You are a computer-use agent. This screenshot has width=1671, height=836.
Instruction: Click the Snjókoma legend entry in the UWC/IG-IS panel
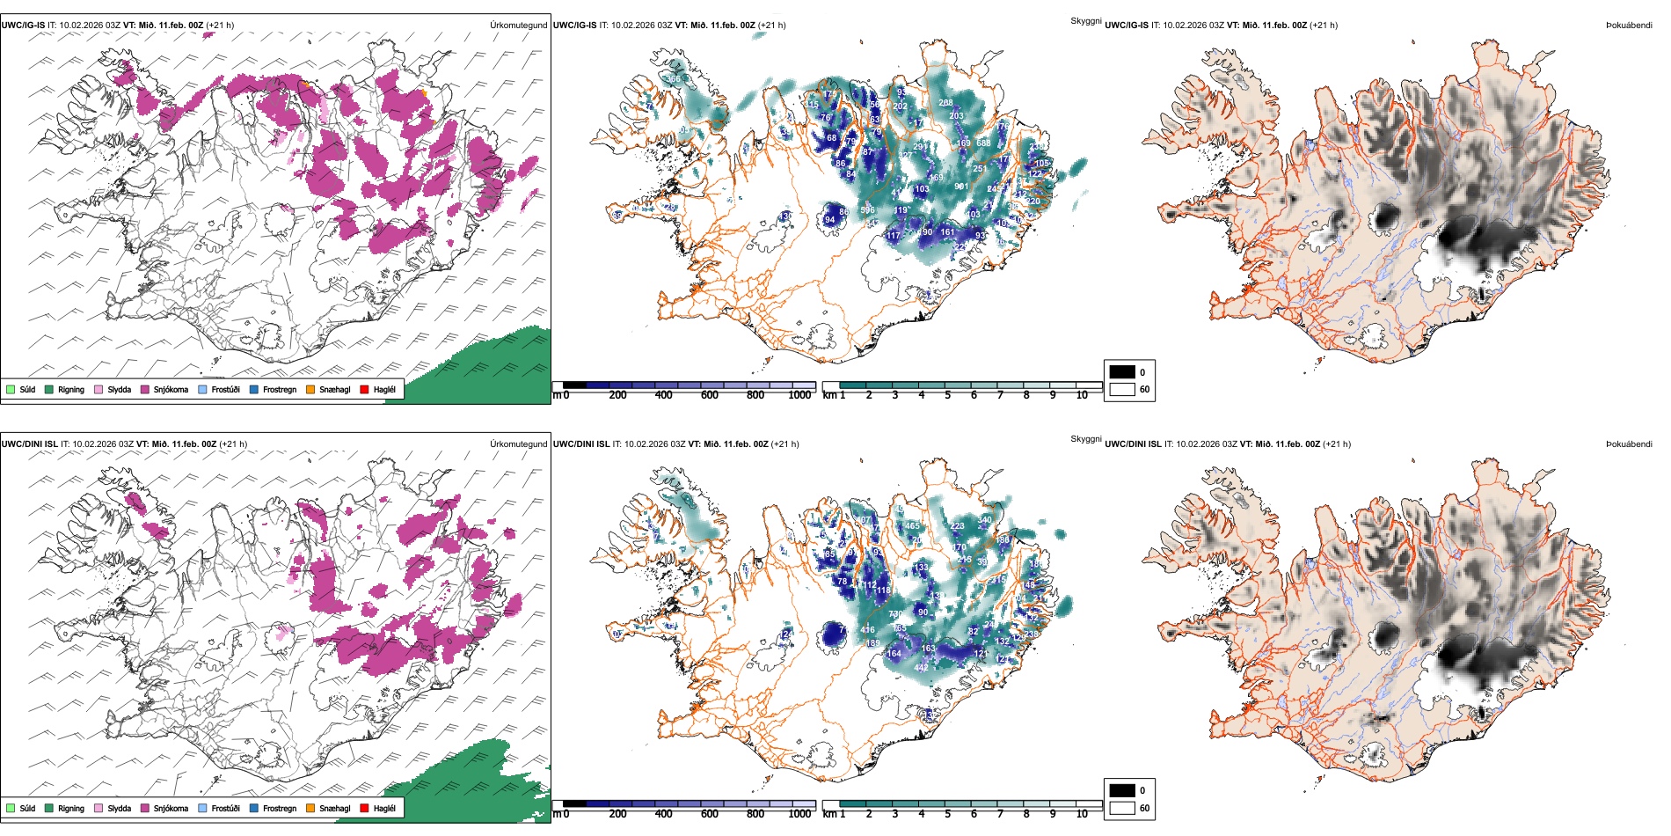(164, 389)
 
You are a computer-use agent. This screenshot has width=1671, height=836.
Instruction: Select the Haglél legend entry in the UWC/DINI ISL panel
(377, 808)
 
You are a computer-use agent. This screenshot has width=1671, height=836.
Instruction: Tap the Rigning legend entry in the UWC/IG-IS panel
(64, 389)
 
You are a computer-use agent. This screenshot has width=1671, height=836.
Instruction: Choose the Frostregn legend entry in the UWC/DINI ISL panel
(273, 808)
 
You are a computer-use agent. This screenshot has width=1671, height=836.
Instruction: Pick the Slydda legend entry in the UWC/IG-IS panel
(113, 389)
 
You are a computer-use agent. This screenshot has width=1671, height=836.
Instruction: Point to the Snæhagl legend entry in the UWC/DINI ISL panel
(328, 808)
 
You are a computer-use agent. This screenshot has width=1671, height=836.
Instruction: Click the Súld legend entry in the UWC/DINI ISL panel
(20, 808)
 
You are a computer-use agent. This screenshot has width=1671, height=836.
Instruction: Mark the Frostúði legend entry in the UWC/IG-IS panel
(219, 389)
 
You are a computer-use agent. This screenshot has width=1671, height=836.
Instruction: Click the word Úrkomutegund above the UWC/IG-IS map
(518, 26)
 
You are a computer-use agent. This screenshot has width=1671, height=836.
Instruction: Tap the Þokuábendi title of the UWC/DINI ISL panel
(1629, 444)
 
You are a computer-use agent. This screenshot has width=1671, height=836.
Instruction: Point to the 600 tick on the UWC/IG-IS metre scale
(710, 395)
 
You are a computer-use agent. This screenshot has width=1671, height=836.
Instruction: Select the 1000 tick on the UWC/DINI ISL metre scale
(799, 814)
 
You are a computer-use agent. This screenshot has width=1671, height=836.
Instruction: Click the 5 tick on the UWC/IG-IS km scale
(948, 395)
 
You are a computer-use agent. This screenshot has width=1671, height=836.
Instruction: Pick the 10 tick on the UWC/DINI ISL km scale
(1082, 814)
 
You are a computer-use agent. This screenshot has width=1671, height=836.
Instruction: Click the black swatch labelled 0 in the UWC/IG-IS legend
(1122, 372)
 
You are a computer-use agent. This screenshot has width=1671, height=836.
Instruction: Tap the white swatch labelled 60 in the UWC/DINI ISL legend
(1122, 808)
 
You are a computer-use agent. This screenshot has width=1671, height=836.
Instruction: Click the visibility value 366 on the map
(673, 79)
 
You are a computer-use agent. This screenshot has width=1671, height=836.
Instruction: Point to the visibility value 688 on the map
(983, 143)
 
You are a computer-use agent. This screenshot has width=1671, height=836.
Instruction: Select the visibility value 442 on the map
(921, 668)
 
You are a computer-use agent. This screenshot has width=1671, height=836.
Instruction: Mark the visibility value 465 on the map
(913, 526)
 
